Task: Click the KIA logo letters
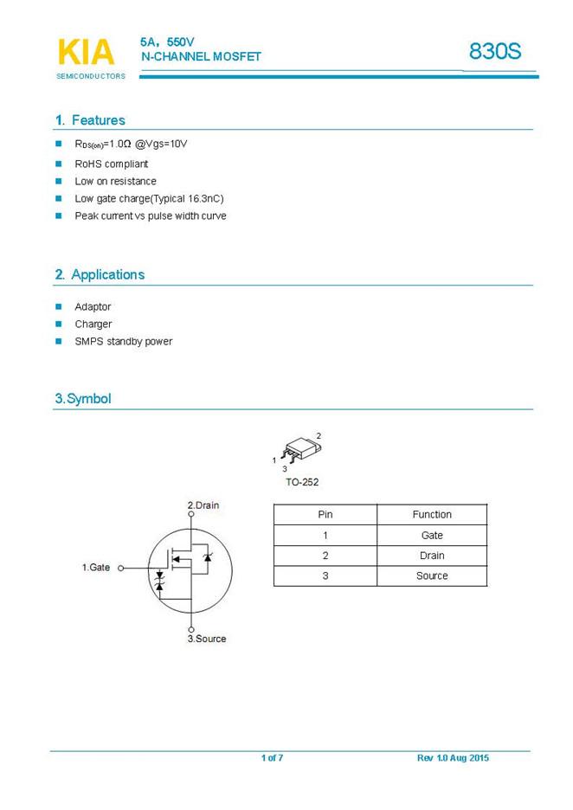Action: (x=86, y=52)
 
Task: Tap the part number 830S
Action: (x=495, y=51)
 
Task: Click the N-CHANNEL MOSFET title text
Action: (x=201, y=56)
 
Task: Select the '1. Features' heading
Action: (x=90, y=120)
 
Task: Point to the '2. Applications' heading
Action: (x=100, y=274)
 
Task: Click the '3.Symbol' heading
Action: (x=83, y=399)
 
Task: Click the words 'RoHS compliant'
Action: (x=111, y=164)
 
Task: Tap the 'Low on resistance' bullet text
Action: (x=115, y=181)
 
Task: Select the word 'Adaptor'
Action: (x=93, y=306)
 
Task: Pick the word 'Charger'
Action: (x=93, y=324)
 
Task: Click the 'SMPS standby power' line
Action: (x=123, y=341)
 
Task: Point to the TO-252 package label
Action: (x=301, y=482)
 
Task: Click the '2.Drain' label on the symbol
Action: (x=203, y=505)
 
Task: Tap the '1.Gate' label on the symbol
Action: (x=96, y=567)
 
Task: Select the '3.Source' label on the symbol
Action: (x=207, y=639)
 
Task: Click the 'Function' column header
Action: (x=432, y=514)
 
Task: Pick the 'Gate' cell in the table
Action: (x=432, y=535)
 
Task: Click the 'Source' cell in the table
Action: (x=432, y=575)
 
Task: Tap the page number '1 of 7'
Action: (x=272, y=758)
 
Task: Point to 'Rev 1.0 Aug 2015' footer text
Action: (x=453, y=758)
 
